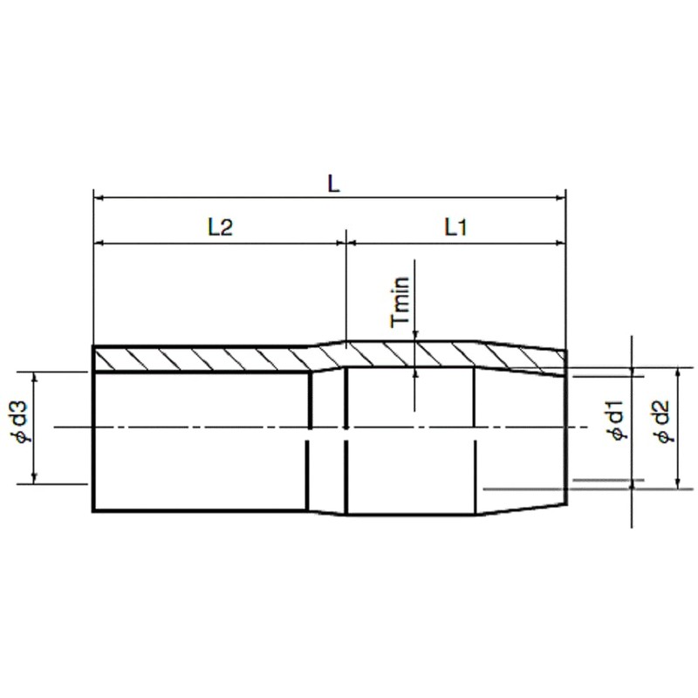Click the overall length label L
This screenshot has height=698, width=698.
[332, 184]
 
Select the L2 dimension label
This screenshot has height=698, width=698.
[220, 228]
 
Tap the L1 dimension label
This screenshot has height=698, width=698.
[456, 228]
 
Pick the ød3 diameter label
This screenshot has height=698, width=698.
[24, 424]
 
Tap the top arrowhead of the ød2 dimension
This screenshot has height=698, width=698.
[679, 373]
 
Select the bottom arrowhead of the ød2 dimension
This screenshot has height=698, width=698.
[679, 484]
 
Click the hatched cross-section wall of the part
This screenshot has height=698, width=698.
[218, 359]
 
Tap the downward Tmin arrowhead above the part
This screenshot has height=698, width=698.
[415, 338]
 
